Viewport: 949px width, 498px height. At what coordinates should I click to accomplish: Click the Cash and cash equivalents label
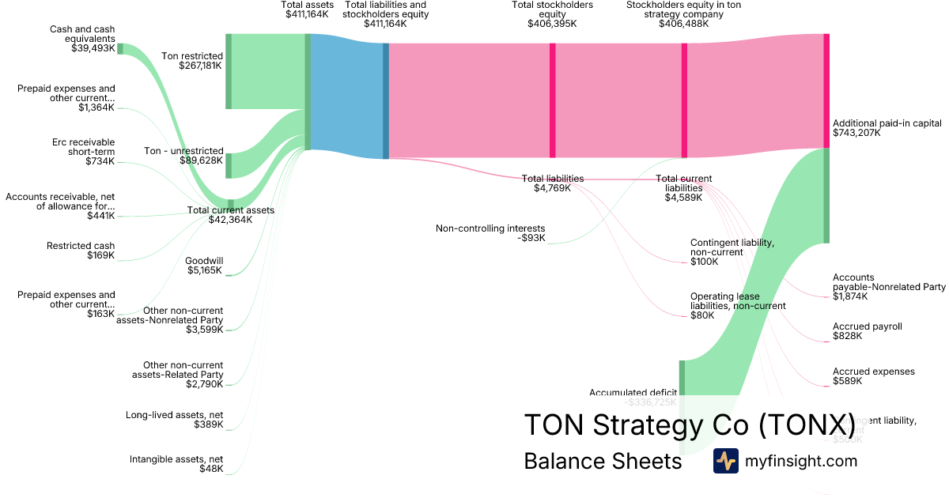click(82, 34)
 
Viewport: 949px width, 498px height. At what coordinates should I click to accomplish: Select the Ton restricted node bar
click(229, 71)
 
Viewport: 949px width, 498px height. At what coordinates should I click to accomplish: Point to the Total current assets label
click(230, 210)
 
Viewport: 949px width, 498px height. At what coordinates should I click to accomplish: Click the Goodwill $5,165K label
click(203, 266)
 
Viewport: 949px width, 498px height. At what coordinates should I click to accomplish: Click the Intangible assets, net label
click(176, 458)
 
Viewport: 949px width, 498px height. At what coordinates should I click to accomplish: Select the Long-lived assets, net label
click(174, 414)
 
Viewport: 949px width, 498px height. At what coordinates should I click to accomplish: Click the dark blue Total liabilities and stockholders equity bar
click(386, 100)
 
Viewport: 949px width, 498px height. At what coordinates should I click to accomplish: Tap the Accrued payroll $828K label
click(867, 331)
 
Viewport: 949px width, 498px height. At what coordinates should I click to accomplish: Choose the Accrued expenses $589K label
click(873, 376)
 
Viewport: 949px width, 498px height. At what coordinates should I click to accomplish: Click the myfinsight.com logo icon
click(725, 461)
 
